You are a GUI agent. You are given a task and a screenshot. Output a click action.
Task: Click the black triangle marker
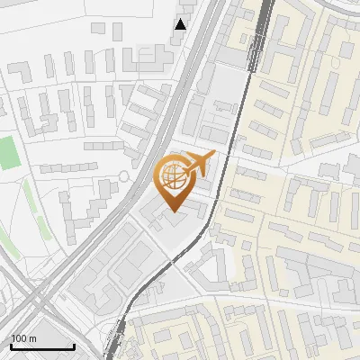point(181,24)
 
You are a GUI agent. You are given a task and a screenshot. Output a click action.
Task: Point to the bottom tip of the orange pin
point(174,212)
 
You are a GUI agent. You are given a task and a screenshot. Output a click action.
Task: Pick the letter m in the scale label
point(32,338)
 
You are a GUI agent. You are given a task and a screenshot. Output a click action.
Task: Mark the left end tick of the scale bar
point(10,345)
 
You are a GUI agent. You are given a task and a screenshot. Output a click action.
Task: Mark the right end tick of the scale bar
point(75,345)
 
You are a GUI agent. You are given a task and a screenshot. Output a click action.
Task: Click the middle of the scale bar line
point(42,346)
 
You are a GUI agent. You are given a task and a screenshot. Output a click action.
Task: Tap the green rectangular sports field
point(9,152)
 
